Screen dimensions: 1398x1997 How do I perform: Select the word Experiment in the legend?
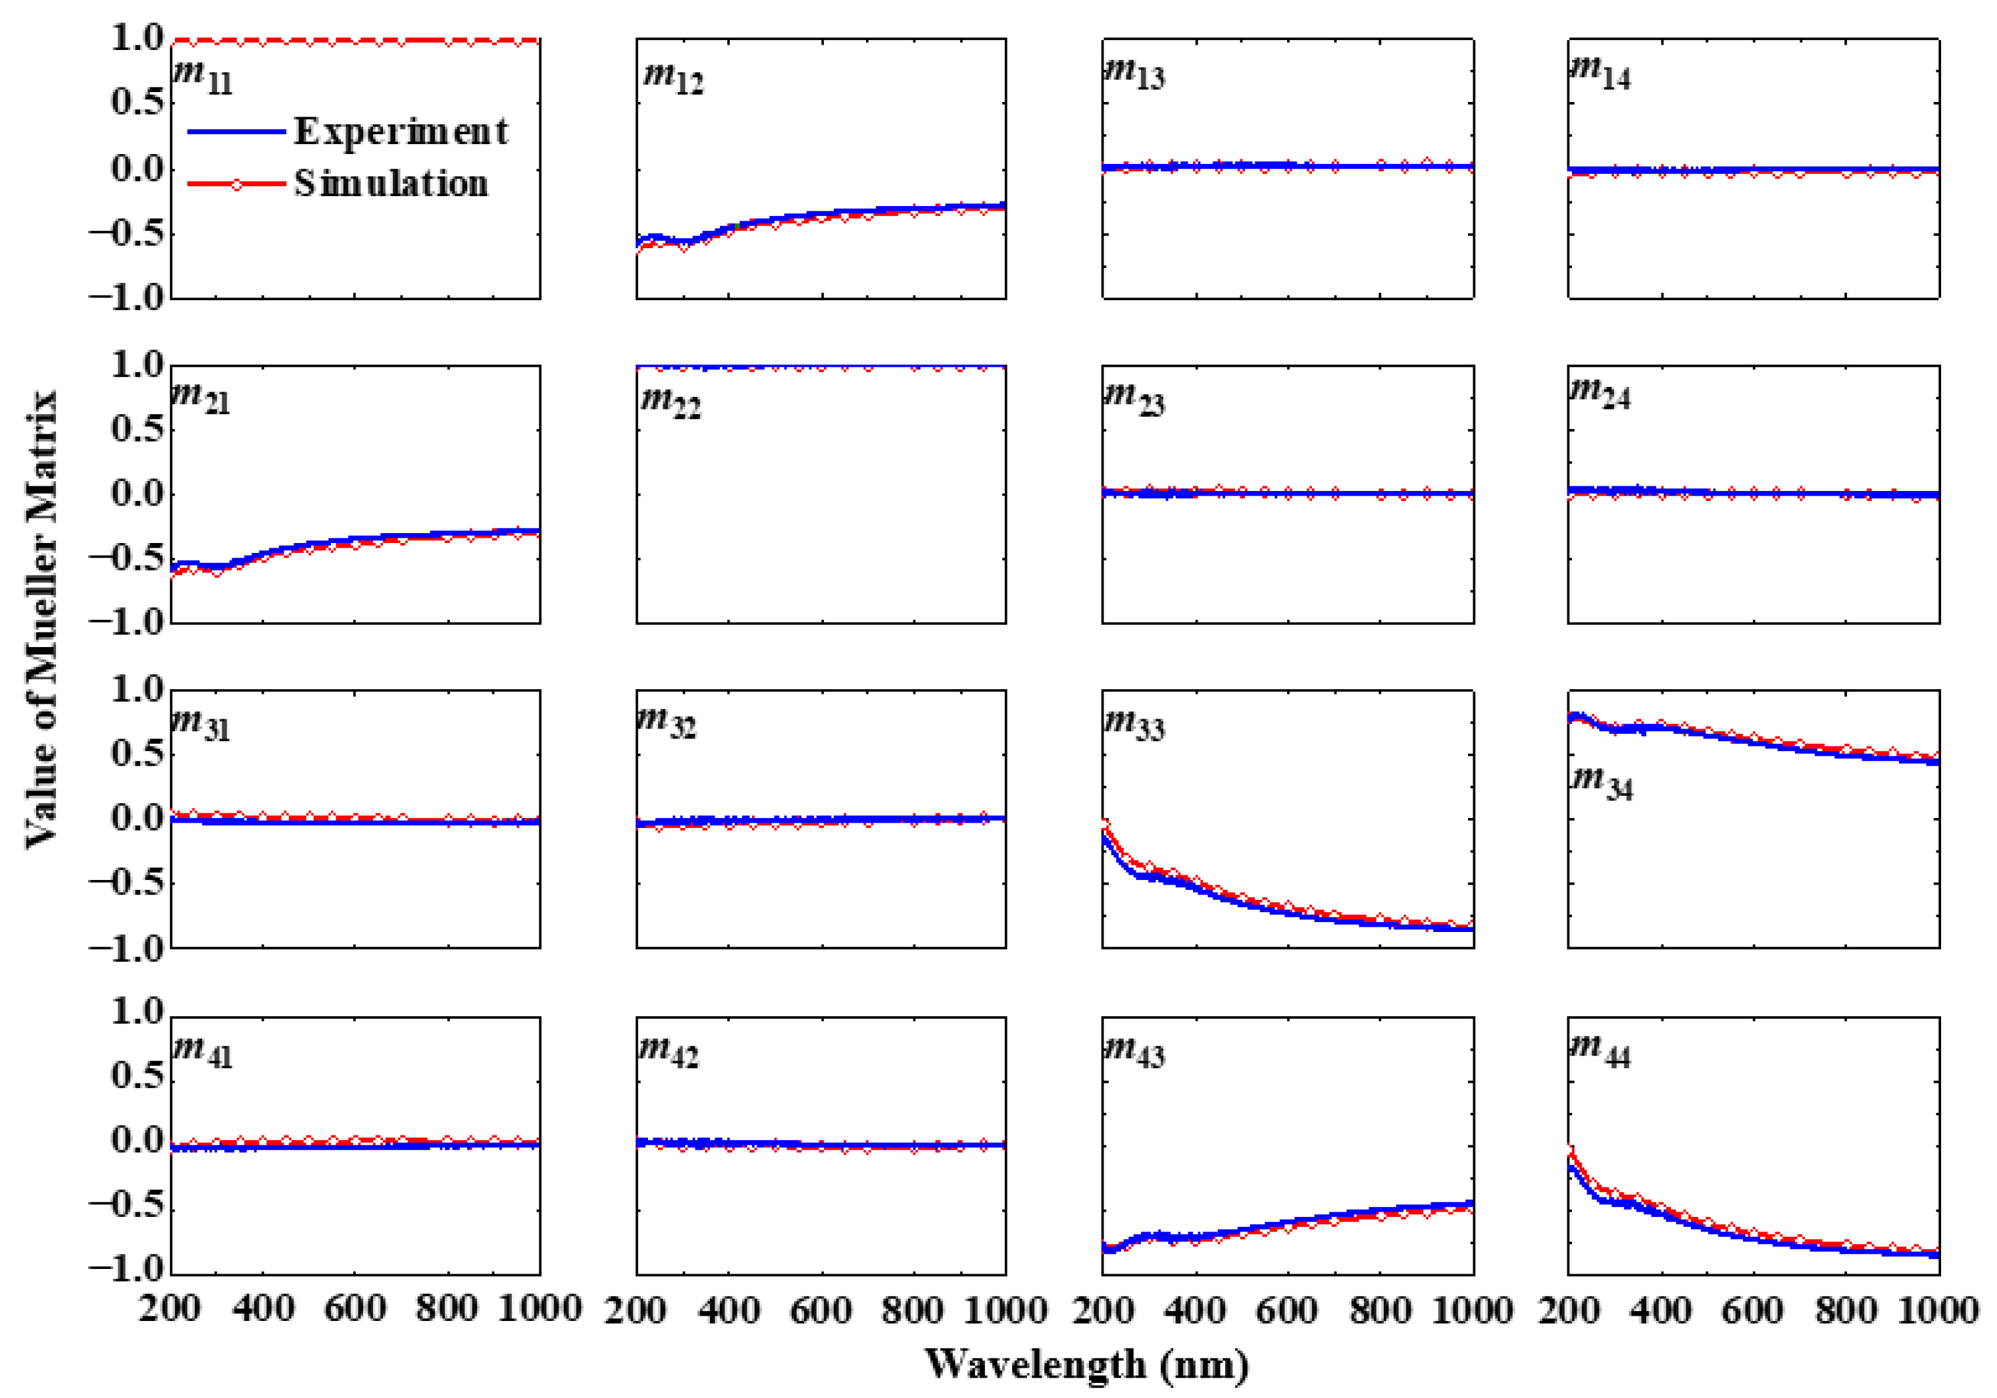pos(401,132)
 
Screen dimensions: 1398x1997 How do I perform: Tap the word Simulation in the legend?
pos(391,184)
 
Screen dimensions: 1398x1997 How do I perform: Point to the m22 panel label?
pos(670,402)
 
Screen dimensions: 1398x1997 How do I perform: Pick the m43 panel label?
pos(1134,1051)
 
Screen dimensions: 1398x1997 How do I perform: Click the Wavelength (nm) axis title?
pos(1086,1364)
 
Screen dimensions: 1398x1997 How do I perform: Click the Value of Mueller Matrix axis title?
pos(41,619)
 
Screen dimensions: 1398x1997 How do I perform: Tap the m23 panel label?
pos(1134,400)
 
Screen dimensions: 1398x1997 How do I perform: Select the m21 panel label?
pos(201,400)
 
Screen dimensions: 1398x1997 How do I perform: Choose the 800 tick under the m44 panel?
pos(1846,1308)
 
